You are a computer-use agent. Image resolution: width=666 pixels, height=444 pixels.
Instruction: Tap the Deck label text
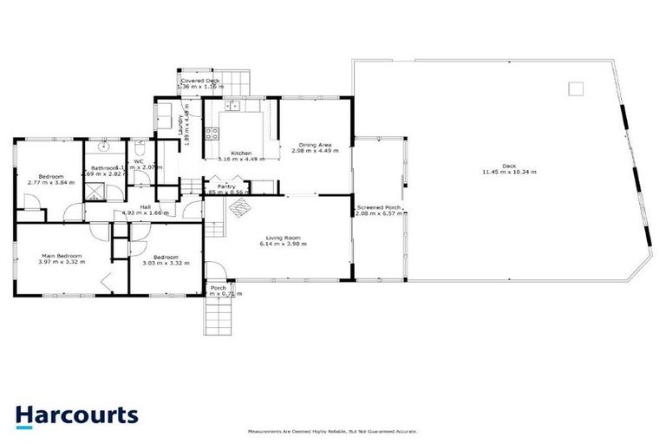tap(509, 165)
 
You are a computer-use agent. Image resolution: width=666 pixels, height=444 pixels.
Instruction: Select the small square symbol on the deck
tap(575, 88)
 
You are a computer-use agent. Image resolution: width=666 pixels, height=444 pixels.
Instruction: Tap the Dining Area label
tap(315, 145)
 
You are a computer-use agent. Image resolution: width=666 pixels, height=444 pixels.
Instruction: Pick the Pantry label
tap(227, 186)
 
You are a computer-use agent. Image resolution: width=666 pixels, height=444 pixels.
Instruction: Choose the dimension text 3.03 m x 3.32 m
tap(166, 264)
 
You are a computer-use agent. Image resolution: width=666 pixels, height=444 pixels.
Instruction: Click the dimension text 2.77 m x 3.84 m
tap(47, 182)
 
